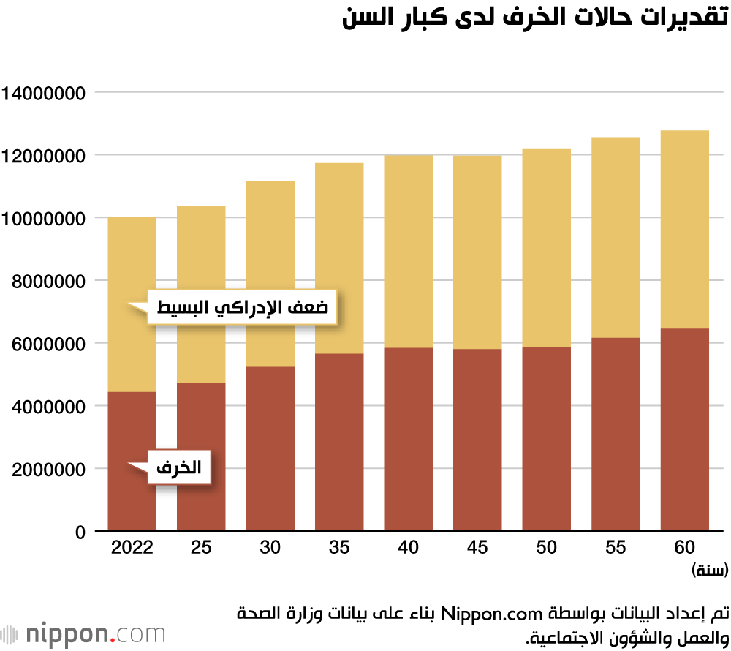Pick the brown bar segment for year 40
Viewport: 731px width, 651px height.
(408, 439)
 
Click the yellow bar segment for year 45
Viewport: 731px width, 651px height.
(477, 252)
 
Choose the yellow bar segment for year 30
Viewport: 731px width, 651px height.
(270, 274)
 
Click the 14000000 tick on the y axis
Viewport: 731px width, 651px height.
(45, 93)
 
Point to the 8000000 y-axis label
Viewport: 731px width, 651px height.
(45, 281)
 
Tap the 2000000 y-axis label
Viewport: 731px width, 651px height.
(45, 469)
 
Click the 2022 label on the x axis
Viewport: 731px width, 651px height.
(132, 548)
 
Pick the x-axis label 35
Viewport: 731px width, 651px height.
(339, 548)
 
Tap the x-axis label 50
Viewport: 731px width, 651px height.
(546, 548)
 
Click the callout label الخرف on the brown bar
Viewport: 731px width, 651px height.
(179, 467)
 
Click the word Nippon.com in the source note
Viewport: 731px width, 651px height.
(491, 612)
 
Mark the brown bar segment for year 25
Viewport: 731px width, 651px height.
(201, 457)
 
